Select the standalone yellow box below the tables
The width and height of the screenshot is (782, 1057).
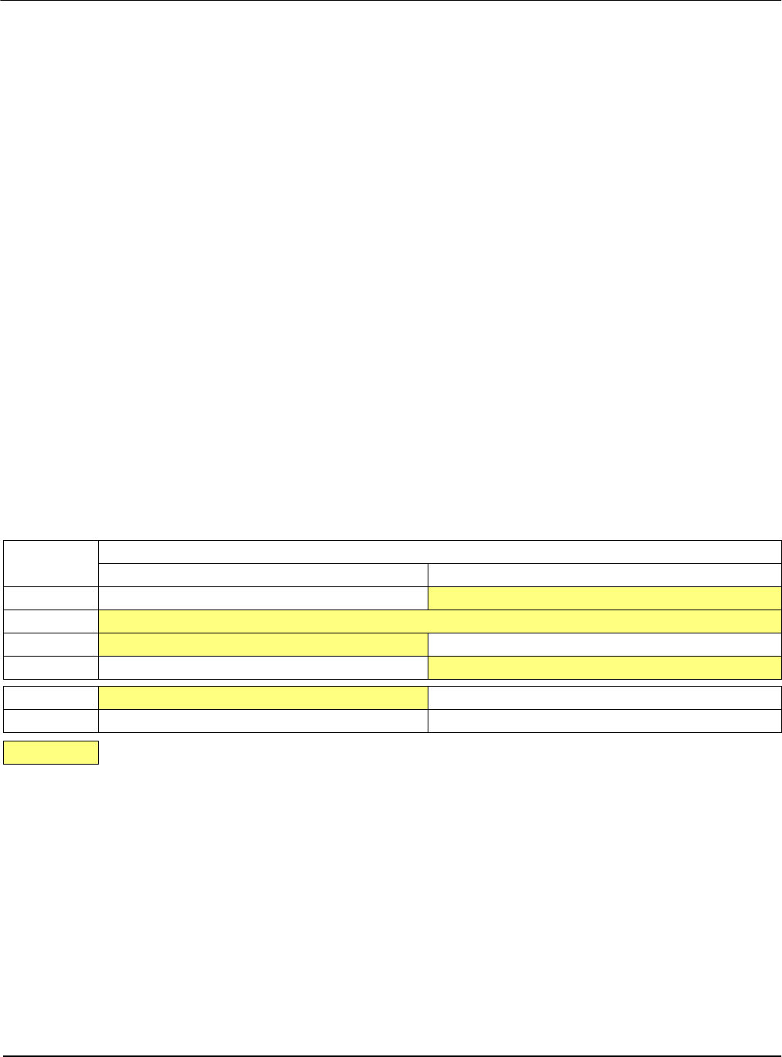click(x=51, y=752)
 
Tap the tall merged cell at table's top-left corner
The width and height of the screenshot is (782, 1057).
click(x=51, y=563)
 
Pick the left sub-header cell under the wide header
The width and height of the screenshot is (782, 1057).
click(x=263, y=575)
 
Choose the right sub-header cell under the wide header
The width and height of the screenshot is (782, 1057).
click(x=604, y=575)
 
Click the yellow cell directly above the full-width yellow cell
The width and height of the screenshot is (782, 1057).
click(x=604, y=598)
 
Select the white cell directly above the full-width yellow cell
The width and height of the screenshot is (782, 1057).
click(x=263, y=598)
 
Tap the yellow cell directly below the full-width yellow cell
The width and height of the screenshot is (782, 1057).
click(x=263, y=644)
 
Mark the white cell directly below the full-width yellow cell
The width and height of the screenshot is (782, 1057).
click(x=604, y=644)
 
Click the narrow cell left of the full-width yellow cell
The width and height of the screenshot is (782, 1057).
click(x=51, y=621)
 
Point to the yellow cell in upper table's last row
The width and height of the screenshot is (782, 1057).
click(x=604, y=667)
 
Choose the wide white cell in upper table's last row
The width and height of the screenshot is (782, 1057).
click(x=263, y=667)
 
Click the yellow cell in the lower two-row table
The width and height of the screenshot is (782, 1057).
click(x=263, y=697)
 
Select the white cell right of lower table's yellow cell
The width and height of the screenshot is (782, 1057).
click(x=604, y=697)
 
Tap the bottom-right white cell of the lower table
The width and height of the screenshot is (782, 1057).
click(x=604, y=721)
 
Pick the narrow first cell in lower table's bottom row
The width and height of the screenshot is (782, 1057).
click(x=51, y=721)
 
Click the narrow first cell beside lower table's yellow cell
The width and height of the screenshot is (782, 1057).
click(x=51, y=697)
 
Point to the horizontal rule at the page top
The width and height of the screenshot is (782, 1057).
click(x=391, y=1)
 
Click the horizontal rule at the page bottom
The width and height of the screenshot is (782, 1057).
click(x=391, y=1055)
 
